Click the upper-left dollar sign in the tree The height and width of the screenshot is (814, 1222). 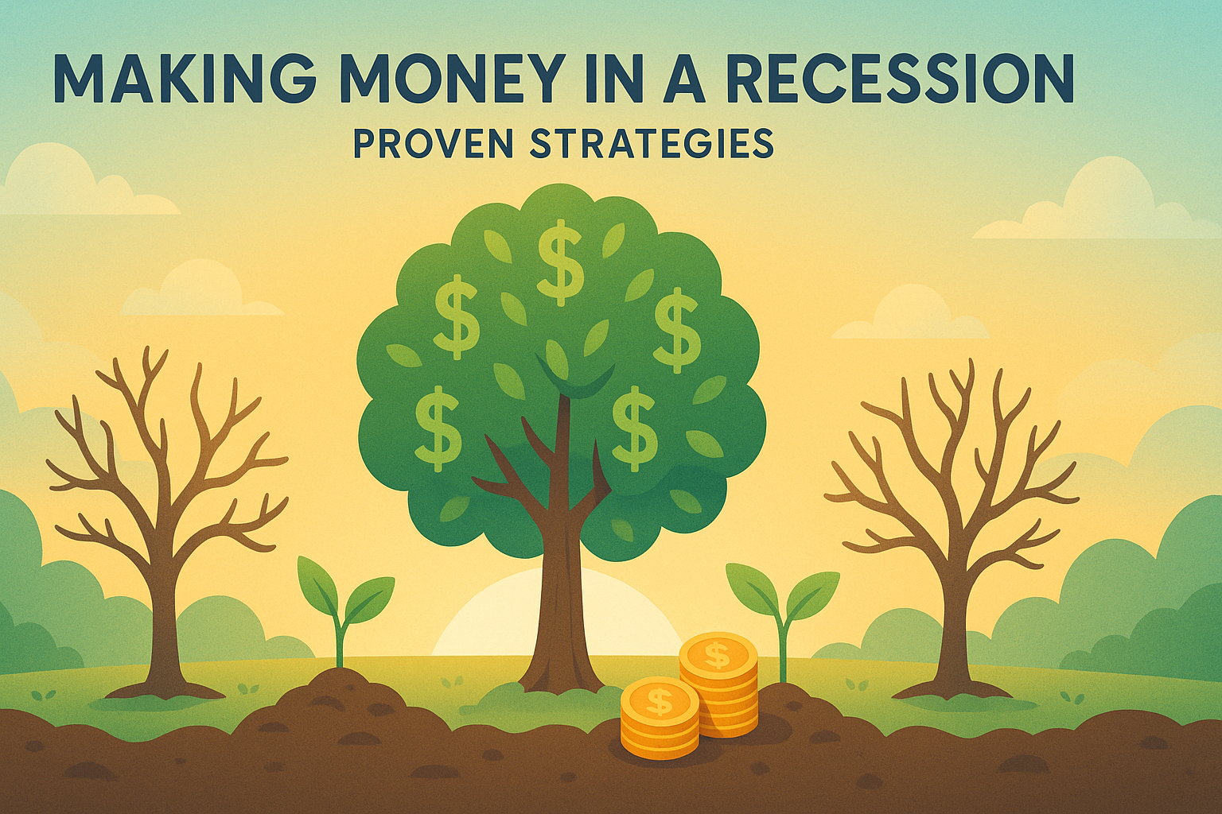tap(456, 317)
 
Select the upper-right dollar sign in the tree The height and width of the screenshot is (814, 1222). tap(677, 330)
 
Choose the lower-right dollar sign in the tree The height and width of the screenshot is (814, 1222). tap(632, 428)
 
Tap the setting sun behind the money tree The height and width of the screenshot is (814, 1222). tap(556, 616)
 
